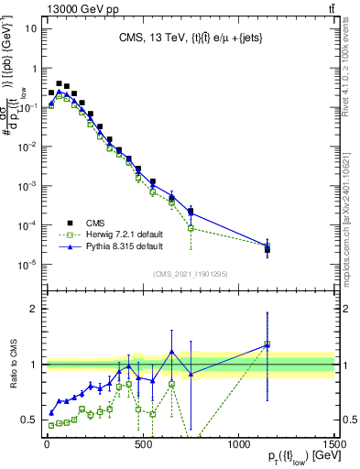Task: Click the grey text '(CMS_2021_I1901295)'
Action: pyautogui.click(x=190, y=275)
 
